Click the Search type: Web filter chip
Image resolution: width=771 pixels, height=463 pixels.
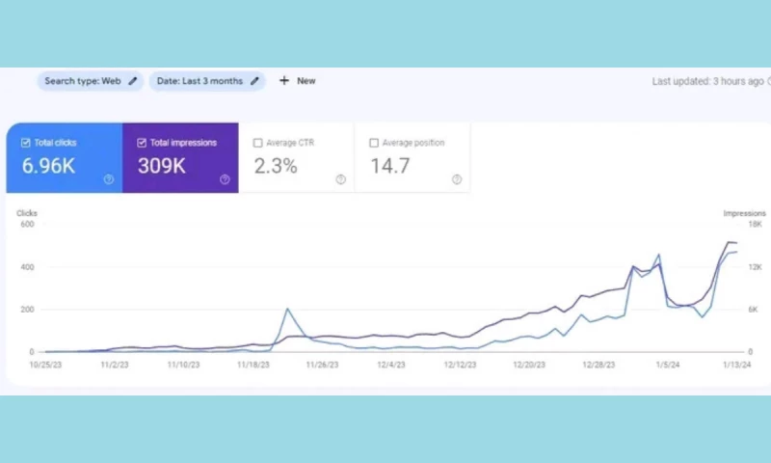click(x=91, y=81)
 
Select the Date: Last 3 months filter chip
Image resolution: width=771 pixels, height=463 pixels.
click(x=207, y=81)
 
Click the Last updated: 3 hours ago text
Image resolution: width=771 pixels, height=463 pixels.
click(x=708, y=81)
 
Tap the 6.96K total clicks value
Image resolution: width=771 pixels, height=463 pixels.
click(x=49, y=166)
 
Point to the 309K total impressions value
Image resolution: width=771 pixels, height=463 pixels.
click(x=162, y=166)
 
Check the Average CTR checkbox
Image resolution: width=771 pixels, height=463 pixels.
click(x=257, y=143)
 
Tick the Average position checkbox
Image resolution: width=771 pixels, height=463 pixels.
click(x=374, y=143)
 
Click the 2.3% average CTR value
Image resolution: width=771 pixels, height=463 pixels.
click(x=276, y=166)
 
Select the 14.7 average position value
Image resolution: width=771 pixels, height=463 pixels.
click(x=390, y=166)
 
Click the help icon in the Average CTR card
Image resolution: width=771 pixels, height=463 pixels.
click(x=340, y=179)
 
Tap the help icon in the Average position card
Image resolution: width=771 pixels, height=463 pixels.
click(x=457, y=179)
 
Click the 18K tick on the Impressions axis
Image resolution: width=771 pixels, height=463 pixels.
click(x=755, y=225)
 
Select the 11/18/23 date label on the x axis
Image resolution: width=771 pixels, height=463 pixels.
click(x=253, y=366)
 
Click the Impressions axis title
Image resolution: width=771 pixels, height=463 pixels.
click(x=744, y=213)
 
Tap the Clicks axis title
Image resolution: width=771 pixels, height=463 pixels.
click(x=27, y=213)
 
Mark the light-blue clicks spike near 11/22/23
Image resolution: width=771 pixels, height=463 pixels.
click(x=287, y=310)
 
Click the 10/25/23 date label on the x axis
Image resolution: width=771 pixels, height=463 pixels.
click(x=45, y=366)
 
